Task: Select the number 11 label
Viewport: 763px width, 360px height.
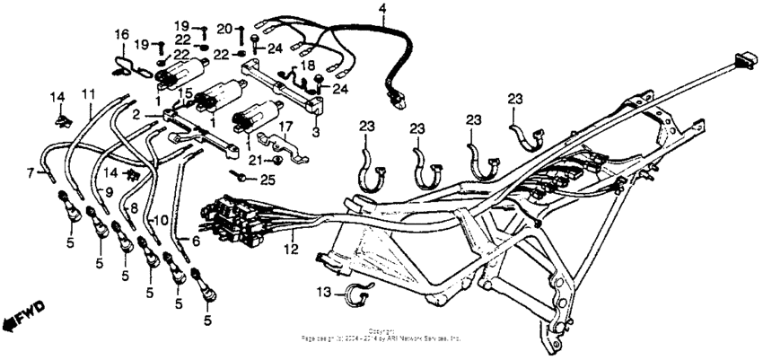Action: (88, 93)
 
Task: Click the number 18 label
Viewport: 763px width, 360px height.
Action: (307, 66)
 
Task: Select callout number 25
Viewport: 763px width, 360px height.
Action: (268, 180)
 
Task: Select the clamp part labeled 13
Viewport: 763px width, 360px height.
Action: (357, 293)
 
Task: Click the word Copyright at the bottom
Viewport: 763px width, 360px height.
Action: (381, 333)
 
